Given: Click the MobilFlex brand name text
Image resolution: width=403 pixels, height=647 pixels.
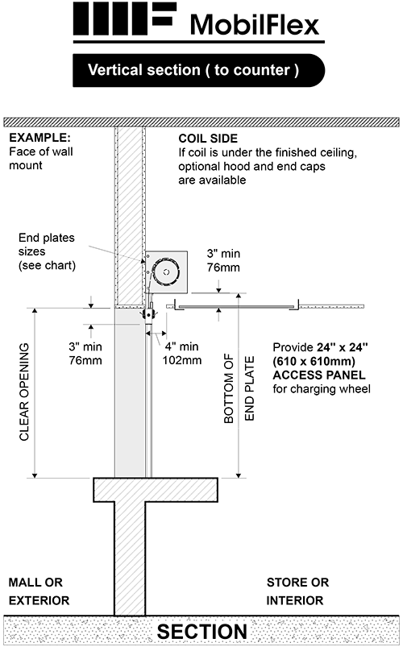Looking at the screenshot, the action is tap(255, 25).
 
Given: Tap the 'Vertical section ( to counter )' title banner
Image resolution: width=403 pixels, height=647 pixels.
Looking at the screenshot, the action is tap(198, 70).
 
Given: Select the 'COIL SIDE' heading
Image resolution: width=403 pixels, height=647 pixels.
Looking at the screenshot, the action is tap(208, 139).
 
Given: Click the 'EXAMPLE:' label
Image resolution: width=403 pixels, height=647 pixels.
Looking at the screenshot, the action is tap(39, 138).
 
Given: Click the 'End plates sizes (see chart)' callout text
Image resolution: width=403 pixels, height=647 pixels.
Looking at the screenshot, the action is tap(47, 251).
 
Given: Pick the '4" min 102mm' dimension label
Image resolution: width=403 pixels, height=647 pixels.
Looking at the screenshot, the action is tap(182, 353).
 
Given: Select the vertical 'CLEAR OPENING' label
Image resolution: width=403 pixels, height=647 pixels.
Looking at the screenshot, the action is tap(24, 392).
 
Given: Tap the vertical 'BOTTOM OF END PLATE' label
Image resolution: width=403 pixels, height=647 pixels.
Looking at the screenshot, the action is tap(239, 388).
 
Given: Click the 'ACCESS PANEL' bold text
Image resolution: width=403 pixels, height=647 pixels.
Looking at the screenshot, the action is tap(319, 375).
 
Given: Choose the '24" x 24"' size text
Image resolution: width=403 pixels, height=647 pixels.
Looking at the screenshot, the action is tap(343, 347).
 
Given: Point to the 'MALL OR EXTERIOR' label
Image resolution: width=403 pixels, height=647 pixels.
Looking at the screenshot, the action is tap(39, 591).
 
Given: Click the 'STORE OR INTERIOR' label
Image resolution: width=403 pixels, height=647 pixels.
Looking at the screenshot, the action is tap(297, 591).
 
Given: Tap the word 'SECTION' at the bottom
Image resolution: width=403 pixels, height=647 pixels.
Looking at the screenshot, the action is tap(202, 632).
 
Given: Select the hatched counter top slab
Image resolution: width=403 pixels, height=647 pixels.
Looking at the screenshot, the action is tap(156, 490).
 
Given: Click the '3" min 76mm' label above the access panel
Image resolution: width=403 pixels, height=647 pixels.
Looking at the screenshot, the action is tap(223, 260).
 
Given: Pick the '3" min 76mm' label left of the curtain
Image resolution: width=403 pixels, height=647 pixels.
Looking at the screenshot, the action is tap(85, 353).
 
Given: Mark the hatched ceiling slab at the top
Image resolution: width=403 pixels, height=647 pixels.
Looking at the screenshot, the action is tap(201, 122).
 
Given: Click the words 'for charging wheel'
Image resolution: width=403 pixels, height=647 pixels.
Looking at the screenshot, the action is tap(322, 389).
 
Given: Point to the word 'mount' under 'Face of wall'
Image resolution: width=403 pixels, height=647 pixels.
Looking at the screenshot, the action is tap(26, 165).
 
